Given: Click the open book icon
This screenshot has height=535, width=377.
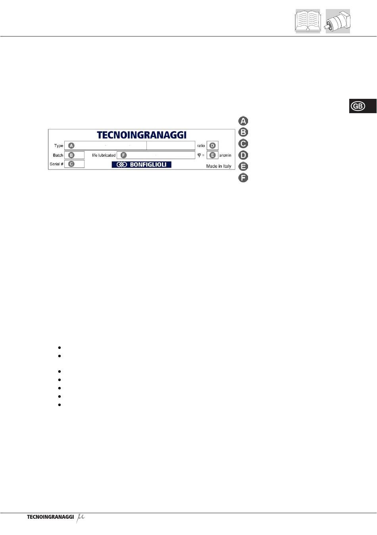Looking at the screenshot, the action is (308, 21).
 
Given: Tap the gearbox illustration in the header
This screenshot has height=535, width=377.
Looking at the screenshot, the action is (338, 21).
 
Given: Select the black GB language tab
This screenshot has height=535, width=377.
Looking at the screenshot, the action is (363, 106).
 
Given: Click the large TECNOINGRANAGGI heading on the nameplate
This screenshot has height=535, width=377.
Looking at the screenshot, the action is (142, 135).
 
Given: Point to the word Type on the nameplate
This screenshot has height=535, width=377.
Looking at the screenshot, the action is (58, 145).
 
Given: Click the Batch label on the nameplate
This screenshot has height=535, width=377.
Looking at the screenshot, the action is (58, 155).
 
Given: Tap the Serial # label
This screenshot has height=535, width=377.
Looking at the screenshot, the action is (57, 164).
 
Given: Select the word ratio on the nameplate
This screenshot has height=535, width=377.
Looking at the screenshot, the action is (201, 145).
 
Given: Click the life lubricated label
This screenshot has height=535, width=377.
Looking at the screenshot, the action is (104, 155).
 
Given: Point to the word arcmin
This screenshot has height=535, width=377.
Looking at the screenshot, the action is (225, 155).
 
